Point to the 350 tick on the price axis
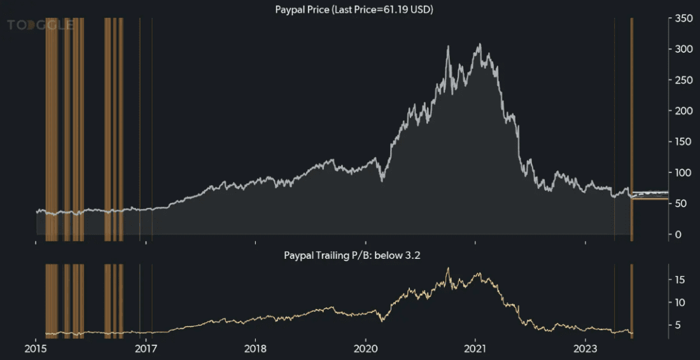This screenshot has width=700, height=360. (683, 19)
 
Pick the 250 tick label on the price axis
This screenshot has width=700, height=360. (683, 80)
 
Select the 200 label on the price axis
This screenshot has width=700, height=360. (683, 111)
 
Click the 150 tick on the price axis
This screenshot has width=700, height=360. (683, 142)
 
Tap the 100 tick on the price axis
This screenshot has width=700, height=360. (683, 173)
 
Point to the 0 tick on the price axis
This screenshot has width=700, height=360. (678, 235)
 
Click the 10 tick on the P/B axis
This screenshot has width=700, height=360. (680, 303)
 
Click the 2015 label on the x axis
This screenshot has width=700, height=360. (36, 349)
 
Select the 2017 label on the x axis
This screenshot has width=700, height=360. (146, 349)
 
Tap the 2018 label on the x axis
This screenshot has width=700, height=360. (255, 349)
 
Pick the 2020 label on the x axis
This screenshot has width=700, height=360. (365, 349)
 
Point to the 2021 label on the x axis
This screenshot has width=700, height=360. (475, 349)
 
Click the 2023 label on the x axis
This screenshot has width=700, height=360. (585, 349)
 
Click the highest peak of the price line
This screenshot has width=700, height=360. (480, 44)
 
